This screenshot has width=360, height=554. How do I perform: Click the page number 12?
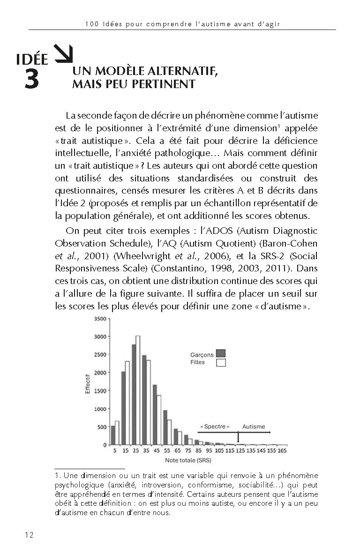point(28,535)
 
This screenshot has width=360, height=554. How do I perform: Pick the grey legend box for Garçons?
point(221,353)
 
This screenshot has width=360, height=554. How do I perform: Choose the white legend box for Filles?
point(221,362)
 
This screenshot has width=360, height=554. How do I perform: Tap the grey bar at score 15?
point(123,408)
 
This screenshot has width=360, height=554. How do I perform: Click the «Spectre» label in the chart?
point(215,427)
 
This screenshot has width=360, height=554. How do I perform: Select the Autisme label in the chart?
point(254,427)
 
